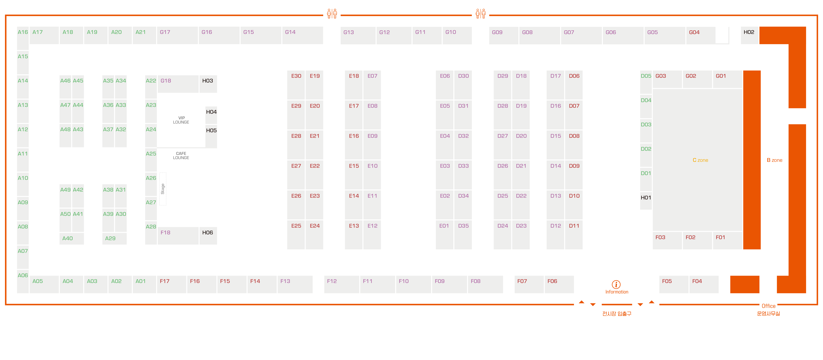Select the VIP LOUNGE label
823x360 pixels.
tap(181, 120)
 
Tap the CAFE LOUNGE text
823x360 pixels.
tap(181, 156)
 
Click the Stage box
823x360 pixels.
tap(163, 189)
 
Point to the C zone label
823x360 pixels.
tap(700, 160)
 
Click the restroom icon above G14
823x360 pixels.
tap(332, 13)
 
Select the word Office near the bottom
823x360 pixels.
tap(768, 306)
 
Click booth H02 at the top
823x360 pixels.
tap(749, 35)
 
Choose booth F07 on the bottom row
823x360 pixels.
tap(529, 284)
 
